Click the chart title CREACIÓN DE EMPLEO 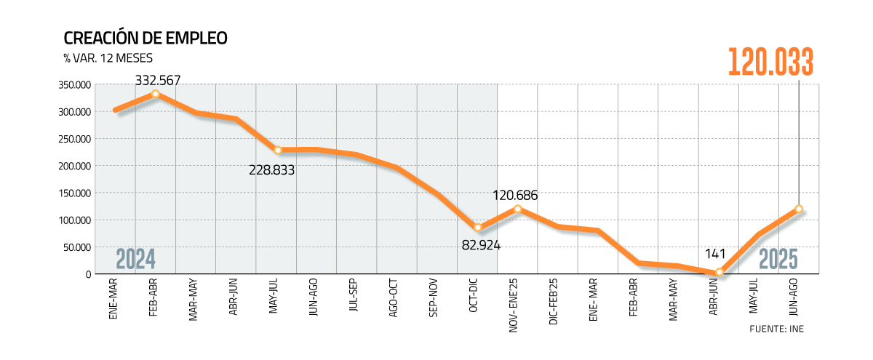point(145,39)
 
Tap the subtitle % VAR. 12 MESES point(108,58)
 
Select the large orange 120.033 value point(770,63)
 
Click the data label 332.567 point(158,79)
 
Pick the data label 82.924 point(481,244)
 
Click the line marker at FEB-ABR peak point(155,94)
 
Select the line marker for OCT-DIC point(478,228)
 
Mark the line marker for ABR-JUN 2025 point(719,273)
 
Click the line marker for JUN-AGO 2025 point(799,209)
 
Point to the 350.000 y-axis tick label point(73,85)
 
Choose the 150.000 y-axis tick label point(73,193)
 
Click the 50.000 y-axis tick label point(76,247)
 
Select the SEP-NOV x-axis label point(437,301)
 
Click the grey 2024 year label point(136,260)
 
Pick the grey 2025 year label point(778,260)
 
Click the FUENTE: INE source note point(776,329)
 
